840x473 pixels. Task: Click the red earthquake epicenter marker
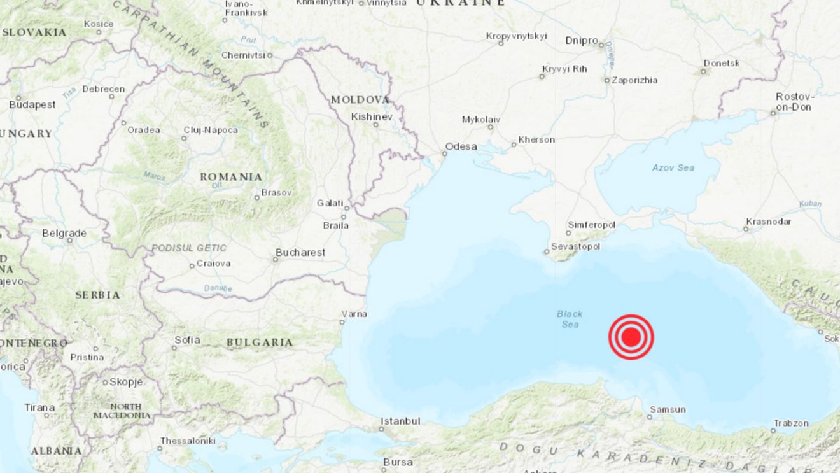coord(631,337)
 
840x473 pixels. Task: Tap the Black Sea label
coord(570,319)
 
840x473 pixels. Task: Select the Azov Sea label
coord(673,167)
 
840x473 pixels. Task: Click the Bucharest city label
coord(300,253)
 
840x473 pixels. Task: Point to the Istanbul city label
coord(400,421)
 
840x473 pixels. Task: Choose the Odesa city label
coord(461,146)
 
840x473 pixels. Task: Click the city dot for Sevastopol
coord(546,252)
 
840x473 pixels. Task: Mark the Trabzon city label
coord(791,423)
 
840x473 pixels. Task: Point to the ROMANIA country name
coord(231,176)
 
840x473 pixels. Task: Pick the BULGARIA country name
coord(260,342)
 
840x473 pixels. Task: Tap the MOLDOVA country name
coord(360,100)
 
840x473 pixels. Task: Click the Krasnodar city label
coord(769,222)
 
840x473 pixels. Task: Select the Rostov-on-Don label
coord(795,102)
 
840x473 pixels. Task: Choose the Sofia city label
coord(187,340)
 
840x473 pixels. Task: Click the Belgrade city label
coord(64,234)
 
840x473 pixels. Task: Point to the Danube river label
coord(218,288)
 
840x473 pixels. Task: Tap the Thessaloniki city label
coord(188,441)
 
